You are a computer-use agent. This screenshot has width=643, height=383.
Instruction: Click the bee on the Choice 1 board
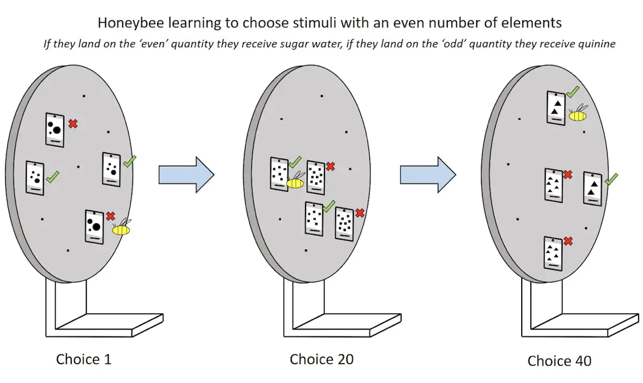(121, 228)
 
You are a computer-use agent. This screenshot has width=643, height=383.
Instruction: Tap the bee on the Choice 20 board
(295, 181)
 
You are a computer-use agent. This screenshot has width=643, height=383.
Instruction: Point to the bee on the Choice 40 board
(578, 114)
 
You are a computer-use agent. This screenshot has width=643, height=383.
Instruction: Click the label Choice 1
(84, 359)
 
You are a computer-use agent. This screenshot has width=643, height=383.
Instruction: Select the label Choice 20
(321, 359)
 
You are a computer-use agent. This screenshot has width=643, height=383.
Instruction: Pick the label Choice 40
(559, 361)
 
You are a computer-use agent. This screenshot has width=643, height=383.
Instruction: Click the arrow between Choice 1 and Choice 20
(186, 174)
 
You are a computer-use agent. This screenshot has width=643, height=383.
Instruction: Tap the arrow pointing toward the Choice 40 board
(428, 174)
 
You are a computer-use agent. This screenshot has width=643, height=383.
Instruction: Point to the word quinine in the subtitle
(597, 44)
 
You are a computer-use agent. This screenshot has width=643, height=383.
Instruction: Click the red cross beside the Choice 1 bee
(110, 216)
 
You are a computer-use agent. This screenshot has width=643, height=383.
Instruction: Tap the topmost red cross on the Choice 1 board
(73, 123)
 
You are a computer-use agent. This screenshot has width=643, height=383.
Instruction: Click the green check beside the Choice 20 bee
(295, 162)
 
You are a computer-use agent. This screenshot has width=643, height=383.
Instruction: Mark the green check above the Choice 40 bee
(573, 91)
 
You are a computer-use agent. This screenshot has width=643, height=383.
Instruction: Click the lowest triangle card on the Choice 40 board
(553, 253)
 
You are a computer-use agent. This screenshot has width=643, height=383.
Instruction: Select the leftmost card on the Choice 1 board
(35, 178)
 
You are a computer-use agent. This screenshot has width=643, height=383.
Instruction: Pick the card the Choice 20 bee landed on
(279, 174)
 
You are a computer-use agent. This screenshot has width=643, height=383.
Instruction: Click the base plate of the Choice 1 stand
(109, 325)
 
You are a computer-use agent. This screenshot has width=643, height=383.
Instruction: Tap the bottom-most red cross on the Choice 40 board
(568, 241)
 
